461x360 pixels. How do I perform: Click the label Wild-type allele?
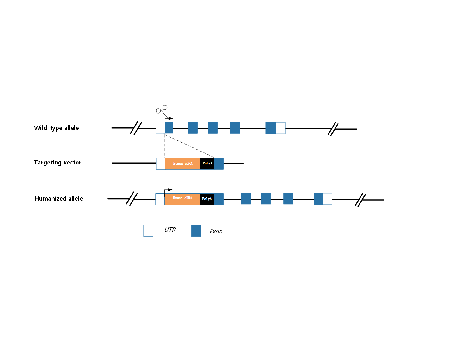tap(57, 128)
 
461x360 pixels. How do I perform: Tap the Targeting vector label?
tap(58, 162)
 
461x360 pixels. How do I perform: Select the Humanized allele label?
tap(58, 198)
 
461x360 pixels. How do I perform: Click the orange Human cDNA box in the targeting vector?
tap(182, 163)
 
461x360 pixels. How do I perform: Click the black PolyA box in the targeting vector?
tap(207, 163)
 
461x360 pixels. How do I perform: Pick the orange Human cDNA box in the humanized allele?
tap(182, 199)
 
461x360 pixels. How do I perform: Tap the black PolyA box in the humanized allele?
tap(207, 199)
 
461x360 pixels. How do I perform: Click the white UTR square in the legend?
tap(148, 231)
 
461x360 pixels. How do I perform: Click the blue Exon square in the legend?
tap(196, 231)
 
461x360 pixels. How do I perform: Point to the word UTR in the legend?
tap(170, 230)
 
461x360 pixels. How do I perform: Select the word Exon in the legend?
tap(216, 232)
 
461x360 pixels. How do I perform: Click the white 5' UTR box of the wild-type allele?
tap(160, 127)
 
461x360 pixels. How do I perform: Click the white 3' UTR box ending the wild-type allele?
tap(280, 128)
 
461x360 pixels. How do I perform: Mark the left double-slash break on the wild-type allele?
tap(136, 128)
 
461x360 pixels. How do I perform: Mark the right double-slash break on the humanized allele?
tap(360, 200)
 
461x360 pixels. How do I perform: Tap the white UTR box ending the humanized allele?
tap(327, 199)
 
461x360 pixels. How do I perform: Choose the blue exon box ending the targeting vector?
tap(219, 163)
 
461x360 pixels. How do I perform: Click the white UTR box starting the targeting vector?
tap(160, 163)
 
